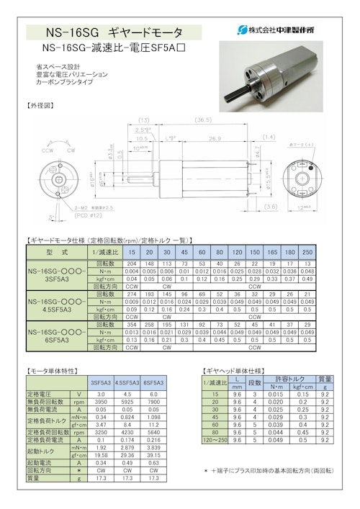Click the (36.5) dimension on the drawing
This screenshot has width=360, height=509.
[x=202, y=120]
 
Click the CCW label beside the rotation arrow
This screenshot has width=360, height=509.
[x=48, y=152]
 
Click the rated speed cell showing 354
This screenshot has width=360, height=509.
[x=131, y=325]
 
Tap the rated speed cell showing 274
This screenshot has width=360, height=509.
[x=131, y=295]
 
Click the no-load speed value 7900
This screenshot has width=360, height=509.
[x=153, y=401]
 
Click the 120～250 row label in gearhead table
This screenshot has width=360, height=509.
[x=215, y=439]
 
